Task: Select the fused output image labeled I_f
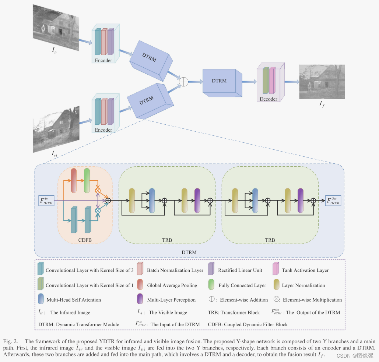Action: click(x=322, y=82)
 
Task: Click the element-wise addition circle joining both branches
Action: click(x=183, y=81)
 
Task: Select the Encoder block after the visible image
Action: click(x=105, y=113)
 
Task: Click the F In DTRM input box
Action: click(x=46, y=201)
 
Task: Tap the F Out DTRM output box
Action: click(x=333, y=201)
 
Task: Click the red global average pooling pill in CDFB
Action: click(x=74, y=181)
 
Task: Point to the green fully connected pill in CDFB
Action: click(x=87, y=181)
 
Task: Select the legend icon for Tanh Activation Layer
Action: click(x=275, y=269)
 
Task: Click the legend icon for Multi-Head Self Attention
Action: click(x=41, y=299)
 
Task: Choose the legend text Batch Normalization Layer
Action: click(x=175, y=270)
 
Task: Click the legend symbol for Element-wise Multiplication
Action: click(x=276, y=299)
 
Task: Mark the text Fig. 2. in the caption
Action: click(x=10, y=341)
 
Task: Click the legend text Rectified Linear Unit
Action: click(x=240, y=270)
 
